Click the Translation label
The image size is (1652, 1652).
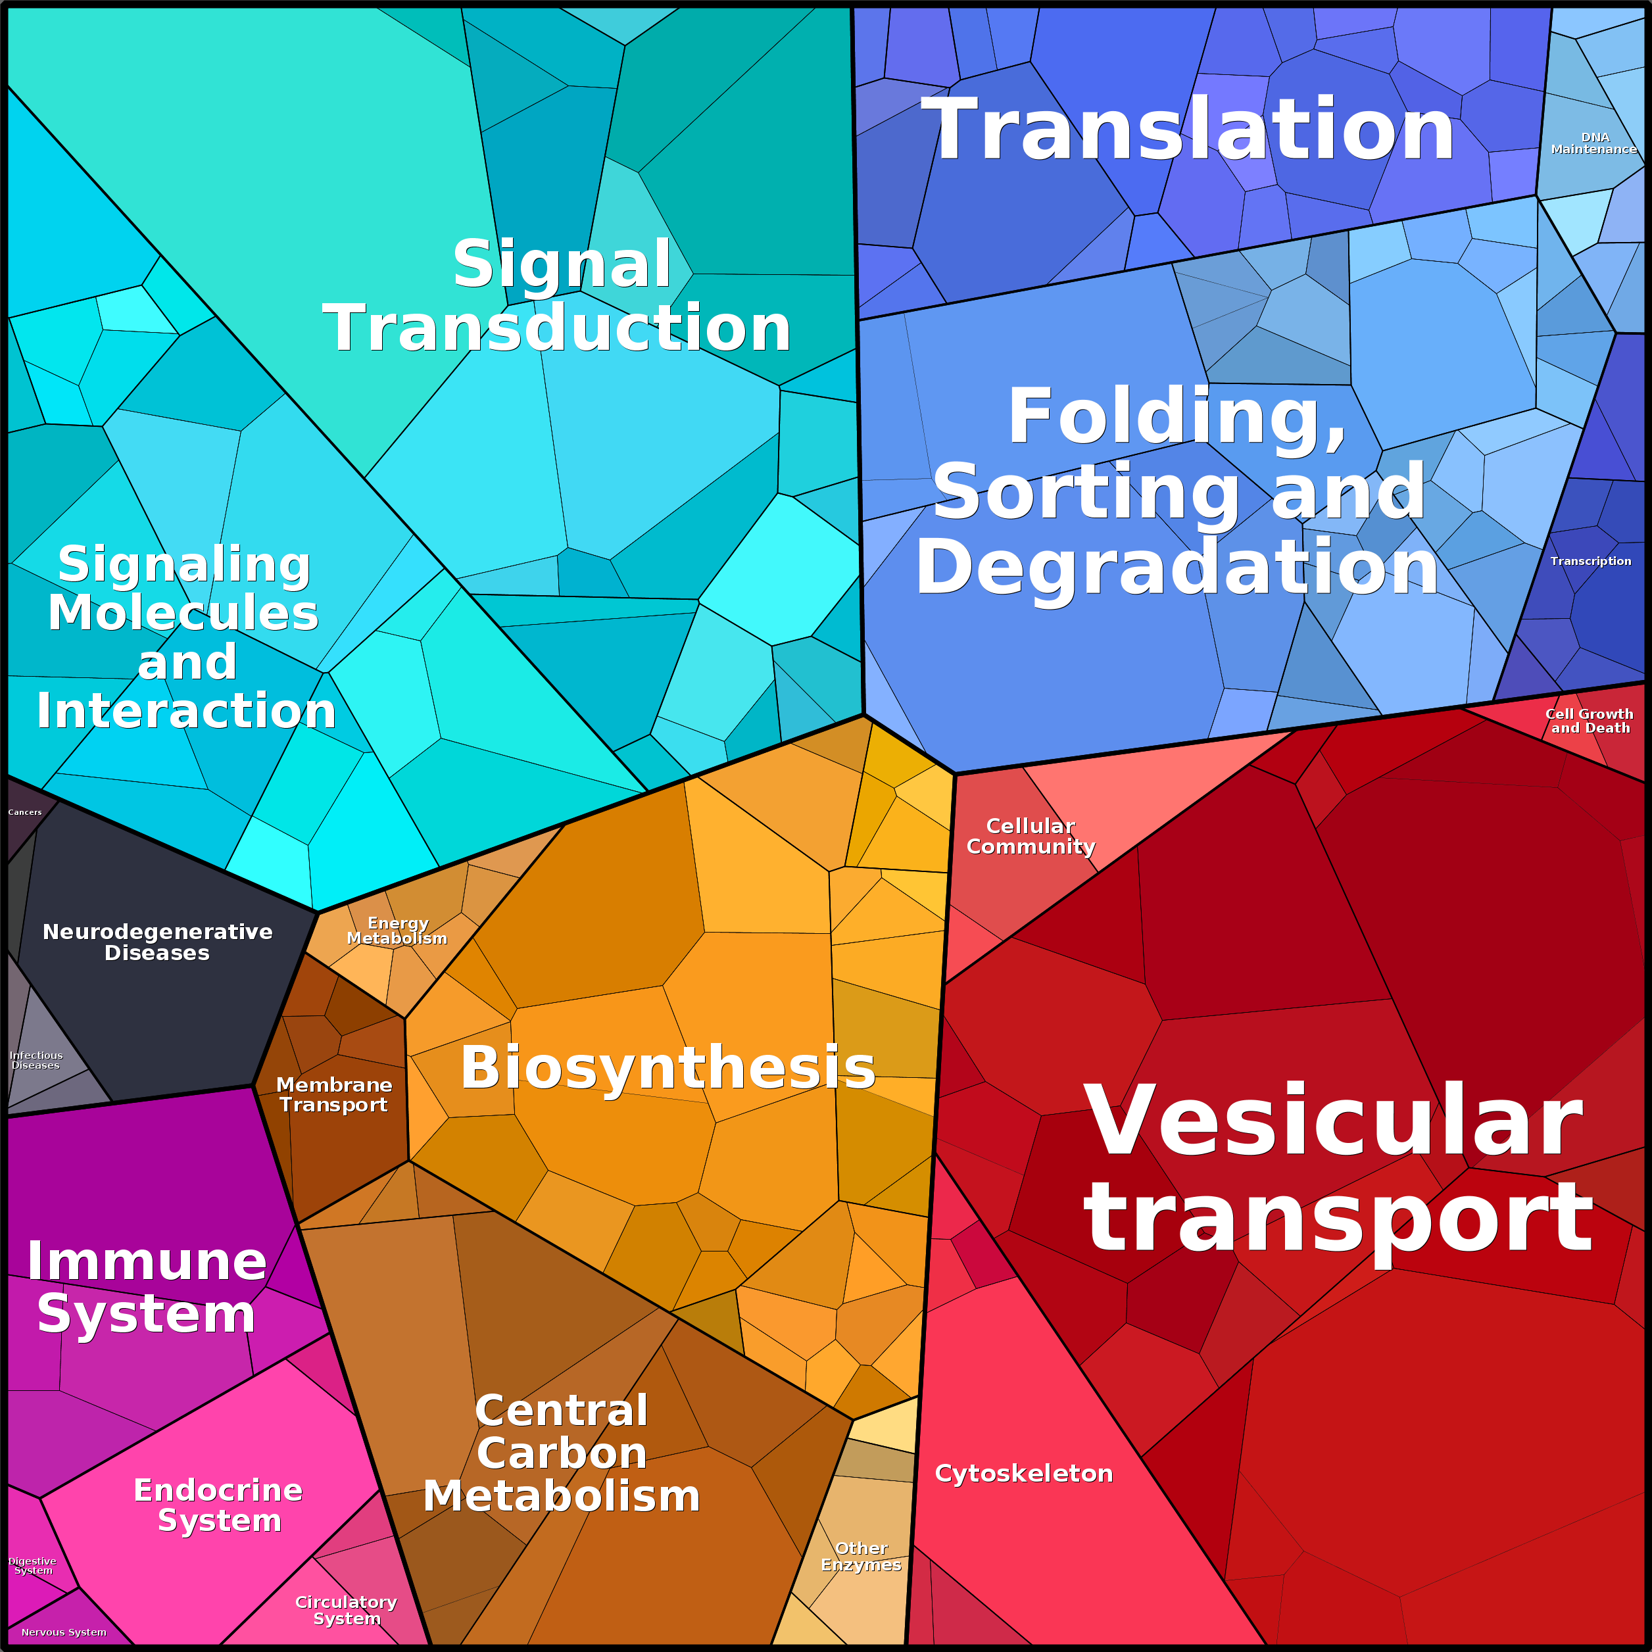click(1188, 130)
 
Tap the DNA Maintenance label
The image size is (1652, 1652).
click(1594, 143)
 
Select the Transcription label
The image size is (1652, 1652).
click(1590, 561)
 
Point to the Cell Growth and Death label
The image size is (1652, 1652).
click(1590, 721)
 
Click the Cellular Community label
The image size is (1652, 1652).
click(1031, 835)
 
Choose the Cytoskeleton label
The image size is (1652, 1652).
click(1023, 1472)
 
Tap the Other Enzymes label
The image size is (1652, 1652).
click(861, 1556)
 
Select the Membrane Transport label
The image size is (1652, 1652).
click(333, 1094)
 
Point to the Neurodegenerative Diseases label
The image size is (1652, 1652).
click(157, 942)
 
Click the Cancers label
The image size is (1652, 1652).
click(25, 812)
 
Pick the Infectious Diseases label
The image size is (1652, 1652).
click(36, 1060)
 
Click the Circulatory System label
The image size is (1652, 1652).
click(347, 1610)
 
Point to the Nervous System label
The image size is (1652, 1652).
click(64, 1632)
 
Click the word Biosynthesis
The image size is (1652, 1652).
click(668, 1069)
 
